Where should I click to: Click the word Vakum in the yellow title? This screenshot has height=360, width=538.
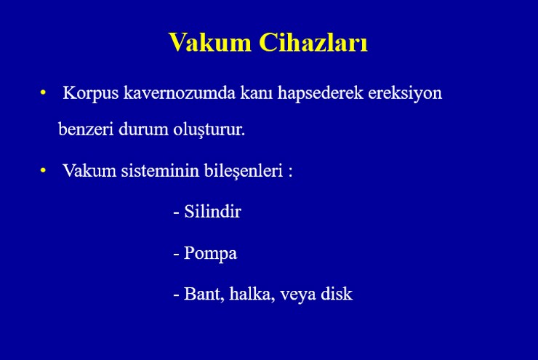click(210, 42)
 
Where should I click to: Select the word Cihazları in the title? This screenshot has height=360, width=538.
click(313, 42)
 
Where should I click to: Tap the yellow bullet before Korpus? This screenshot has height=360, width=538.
click(43, 92)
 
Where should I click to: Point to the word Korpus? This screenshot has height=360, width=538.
click(91, 93)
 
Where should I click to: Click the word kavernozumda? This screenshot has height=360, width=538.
click(180, 92)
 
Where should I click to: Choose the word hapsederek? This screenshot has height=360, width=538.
click(320, 93)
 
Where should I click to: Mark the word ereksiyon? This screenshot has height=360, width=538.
click(405, 93)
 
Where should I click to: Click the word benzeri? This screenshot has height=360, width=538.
click(86, 129)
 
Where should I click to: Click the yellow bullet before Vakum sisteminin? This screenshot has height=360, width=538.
click(43, 170)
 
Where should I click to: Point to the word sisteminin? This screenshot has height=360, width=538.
click(160, 170)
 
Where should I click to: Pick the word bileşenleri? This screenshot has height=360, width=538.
click(244, 171)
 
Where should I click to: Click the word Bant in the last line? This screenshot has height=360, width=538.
click(204, 294)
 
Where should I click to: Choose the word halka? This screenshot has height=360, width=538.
click(252, 294)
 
